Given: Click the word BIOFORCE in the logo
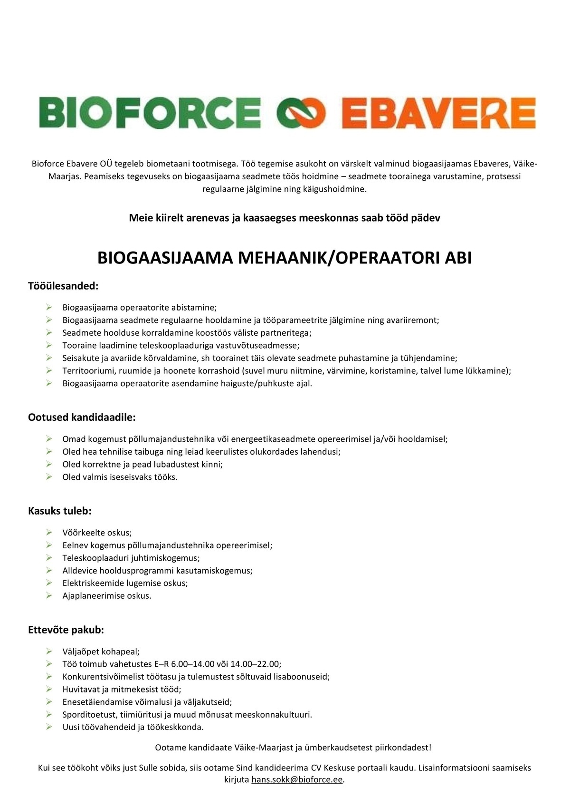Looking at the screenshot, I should coord(150,113).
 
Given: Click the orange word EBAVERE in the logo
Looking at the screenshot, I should coord(438,114).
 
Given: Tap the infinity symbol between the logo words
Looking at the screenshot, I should coord(301,114).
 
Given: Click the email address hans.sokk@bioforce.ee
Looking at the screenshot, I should coord(297,780).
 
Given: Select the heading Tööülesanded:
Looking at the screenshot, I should coord(63,286).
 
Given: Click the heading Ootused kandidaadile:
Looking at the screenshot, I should coord(82,417).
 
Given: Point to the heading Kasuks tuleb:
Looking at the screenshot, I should coord(60,511).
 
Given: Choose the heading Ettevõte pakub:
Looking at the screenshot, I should coord(66,630).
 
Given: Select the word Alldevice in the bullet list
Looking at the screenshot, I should coord(80,570).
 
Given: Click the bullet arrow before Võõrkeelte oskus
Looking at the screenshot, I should coord(49,532).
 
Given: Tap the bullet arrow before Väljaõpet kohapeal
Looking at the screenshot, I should coord(49,651).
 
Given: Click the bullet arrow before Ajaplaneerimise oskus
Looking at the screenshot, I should coord(49,595).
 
